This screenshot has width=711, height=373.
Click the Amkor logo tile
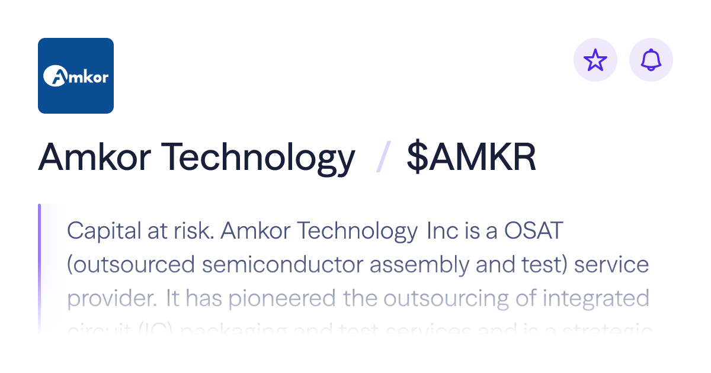point(76,76)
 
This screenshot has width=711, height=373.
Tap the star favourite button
point(595,60)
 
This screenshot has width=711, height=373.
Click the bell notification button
point(651,60)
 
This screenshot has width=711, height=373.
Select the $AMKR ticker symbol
point(471,157)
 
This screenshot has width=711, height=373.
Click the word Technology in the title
point(258,157)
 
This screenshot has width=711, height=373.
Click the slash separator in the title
point(382,157)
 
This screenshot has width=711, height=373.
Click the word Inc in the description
point(443,231)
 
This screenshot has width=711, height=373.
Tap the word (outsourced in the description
point(131,265)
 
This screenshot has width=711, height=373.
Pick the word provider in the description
point(112,298)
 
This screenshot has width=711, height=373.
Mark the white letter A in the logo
point(55,76)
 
